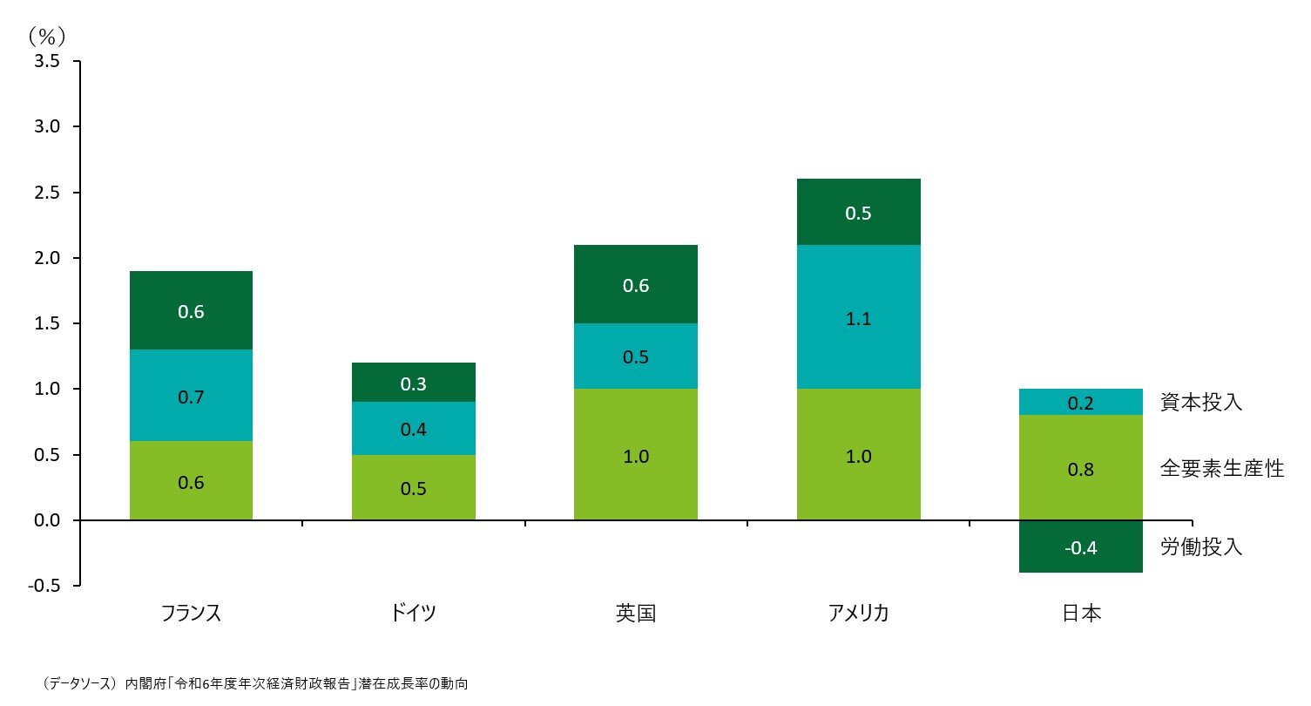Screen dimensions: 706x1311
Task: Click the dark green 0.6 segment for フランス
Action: coord(191,310)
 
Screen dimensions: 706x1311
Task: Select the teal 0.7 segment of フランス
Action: coord(191,396)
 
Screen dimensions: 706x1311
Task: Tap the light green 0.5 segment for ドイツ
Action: coord(414,487)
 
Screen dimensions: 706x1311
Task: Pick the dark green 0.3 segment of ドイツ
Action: coord(414,383)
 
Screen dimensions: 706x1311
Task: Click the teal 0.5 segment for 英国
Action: coord(636,356)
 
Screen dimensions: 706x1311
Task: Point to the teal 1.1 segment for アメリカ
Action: coord(858,318)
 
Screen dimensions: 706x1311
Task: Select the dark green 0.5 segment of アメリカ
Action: coord(858,212)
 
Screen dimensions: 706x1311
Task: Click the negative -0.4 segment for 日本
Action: coord(1080,546)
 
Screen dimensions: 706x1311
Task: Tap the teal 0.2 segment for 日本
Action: coord(1080,402)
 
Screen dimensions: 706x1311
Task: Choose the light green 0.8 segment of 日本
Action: coord(1080,468)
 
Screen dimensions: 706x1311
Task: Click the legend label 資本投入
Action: coord(1200,402)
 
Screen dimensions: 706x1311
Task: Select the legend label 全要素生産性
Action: coord(1221,468)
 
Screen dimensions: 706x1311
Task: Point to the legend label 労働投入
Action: coord(1200,546)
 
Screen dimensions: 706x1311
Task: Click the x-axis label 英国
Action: coord(636,613)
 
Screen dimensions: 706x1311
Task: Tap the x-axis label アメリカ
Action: coord(858,613)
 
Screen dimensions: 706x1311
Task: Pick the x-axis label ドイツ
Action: coord(414,613)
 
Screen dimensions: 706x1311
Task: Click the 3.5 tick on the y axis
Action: coord(47,62)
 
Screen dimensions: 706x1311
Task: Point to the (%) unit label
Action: coord(47,36)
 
